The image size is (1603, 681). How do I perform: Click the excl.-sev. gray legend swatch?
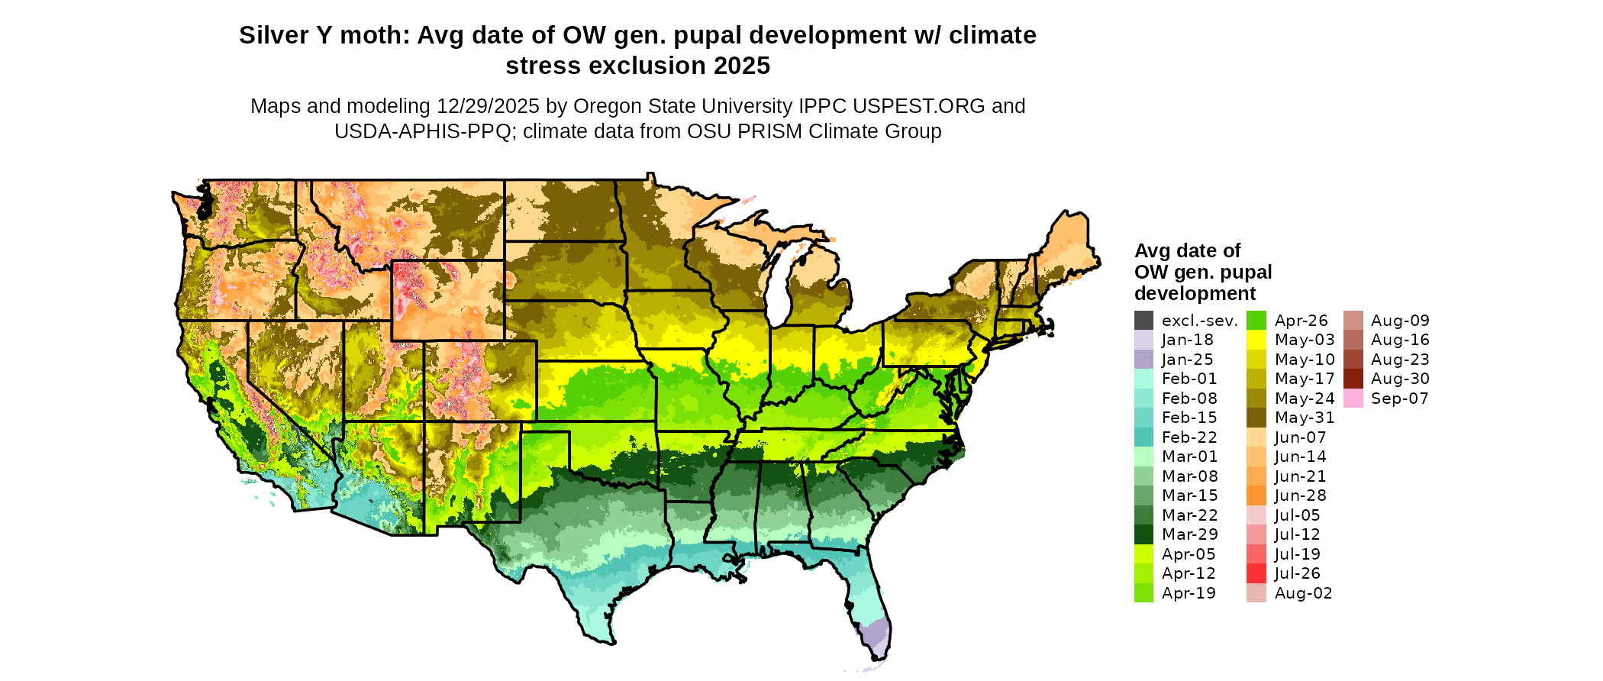[x=1143, y=321]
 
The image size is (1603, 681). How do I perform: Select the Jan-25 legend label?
[x=1187, y=360]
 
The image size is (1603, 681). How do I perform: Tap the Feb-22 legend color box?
[x=1143, y=437]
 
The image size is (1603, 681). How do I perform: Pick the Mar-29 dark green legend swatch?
[x=1143, y=534]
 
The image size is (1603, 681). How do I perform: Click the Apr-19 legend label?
[x=1189, y=593]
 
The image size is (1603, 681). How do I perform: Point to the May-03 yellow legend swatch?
[x=1256, y=340]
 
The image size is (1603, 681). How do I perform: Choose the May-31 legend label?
[x=1305, y=418]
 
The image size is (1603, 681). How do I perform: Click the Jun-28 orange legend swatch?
[x=1256, y=495]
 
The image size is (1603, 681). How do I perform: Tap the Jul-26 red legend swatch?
[x=1256, y=573]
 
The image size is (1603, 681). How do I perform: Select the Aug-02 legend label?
[x=1303, y=593]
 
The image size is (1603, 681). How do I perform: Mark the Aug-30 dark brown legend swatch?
[x=1353, y=379]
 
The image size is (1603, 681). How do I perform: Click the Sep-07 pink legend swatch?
[x=1353, y=399]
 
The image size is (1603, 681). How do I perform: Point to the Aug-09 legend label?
[x=1400, y=321]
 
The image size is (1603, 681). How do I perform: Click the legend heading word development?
[x=1195, y=293]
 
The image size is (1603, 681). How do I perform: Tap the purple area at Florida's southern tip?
[x=876, y=635]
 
